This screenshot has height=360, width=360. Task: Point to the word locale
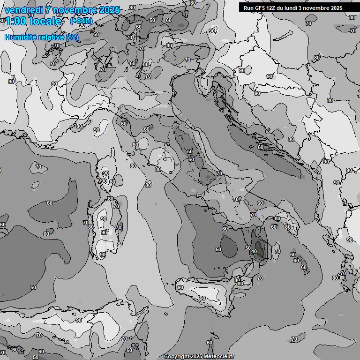[x=45, y=21]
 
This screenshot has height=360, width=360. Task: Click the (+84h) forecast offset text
[x=81, y=21]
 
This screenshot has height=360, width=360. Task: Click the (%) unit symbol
[x=72, y=37]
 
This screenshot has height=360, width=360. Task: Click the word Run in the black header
[x=248, y=8]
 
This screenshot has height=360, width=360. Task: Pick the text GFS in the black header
[x=260, y=8]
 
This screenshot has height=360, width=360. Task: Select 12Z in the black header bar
[x=272, y=8]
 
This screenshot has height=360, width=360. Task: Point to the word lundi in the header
[x=294, y=8]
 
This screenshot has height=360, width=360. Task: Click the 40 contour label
[x=254, y=252]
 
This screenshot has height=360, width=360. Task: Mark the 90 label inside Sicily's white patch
[x=202, y=298]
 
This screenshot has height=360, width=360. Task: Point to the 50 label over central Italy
[x=190, y=151]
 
